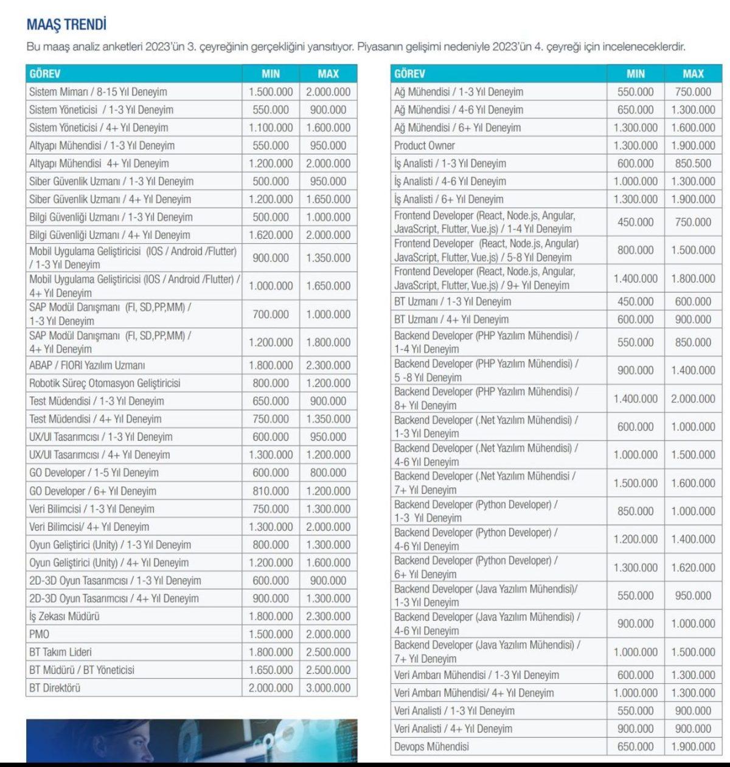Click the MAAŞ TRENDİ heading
point(67,25)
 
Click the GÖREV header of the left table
point(45,74)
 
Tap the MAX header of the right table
point(693,74)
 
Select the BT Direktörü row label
point(55,687)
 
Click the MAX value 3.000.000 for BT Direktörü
point(328,687)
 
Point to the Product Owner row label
point(424,145)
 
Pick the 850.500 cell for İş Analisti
point(693,163)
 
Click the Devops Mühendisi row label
point(431,746)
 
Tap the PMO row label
point(40,634)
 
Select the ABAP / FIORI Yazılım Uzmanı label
point(87,365)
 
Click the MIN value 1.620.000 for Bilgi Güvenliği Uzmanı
point(271,235)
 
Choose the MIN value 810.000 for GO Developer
point(271,490)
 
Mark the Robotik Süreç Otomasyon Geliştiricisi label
point(105,383)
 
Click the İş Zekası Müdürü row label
point(64,616)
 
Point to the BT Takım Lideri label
point(61,652)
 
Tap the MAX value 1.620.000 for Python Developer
point(693,568)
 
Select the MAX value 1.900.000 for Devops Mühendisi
point(693,746)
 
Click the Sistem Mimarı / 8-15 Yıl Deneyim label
point(98,92)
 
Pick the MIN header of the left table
point(271,74)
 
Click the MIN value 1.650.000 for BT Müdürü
point(271,670)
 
